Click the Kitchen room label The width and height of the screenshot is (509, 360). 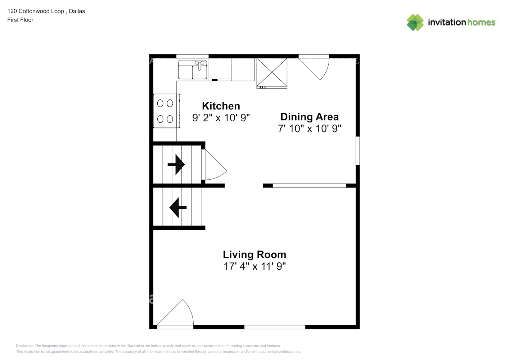[x=221, y=106]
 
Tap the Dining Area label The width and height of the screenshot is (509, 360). [x=309, y=117]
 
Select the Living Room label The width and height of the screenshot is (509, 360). [x=254, y=255]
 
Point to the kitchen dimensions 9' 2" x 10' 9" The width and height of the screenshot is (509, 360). [x=221, y=118]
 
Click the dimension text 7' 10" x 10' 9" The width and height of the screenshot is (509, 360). [x=309, y=129]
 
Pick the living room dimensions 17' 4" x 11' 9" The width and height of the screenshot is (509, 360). [x=254, y=266]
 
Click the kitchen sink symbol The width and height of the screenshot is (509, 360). [x=193, y=69]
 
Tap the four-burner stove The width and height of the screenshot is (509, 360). [x=166, y=111]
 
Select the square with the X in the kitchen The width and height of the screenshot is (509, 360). [x=271, y=73]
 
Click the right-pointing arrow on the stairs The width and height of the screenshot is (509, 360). [x=176, y=165]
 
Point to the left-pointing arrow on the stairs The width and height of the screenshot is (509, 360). [x=178, y=207]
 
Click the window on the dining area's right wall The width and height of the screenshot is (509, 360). [x=357, y=150]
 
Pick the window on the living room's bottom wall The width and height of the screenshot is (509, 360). [x=275, y=327]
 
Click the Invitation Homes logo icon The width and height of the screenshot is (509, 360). [x=415, y=22]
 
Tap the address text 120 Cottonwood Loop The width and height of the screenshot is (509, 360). [x=35, y=11]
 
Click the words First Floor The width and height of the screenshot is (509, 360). [x=20, y=20]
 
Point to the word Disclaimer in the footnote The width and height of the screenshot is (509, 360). [x=24, y=346]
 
